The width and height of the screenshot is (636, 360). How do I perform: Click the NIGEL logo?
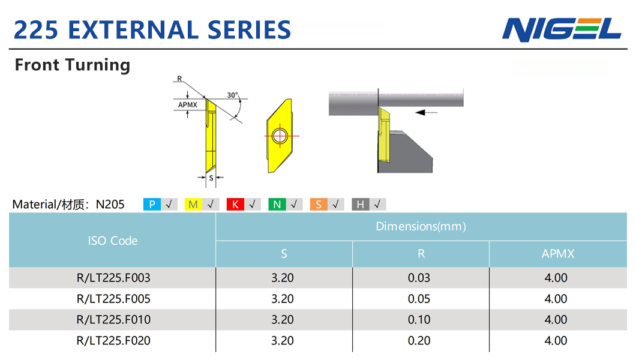coord(562,29)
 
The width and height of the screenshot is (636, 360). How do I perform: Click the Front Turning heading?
coord(73,65)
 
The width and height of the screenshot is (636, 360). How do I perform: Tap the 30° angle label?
coord(233,95)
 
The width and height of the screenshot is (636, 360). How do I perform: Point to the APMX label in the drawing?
coord(187,104)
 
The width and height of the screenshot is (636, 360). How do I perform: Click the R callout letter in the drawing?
coord(179,79)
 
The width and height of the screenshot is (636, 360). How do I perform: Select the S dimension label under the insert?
coord(211,178)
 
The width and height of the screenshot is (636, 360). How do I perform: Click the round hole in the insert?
coord(280,136)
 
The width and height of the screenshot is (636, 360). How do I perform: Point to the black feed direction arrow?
coord(426,112)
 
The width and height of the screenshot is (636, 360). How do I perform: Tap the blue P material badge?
coord(152,205)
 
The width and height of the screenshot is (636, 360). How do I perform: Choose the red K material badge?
coord(235,205)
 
